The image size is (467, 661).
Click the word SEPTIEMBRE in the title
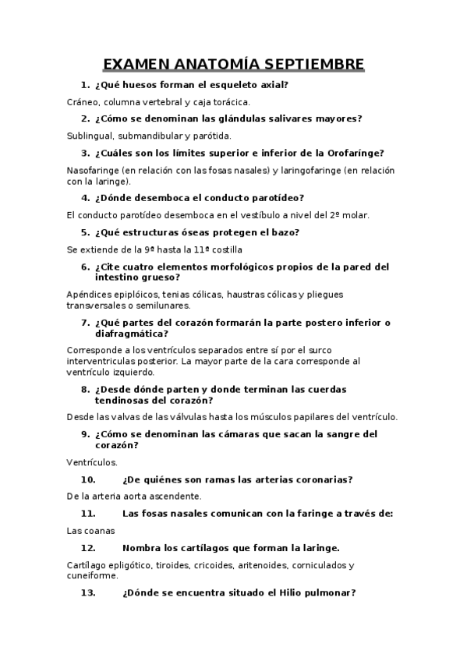click(x=310, y=63)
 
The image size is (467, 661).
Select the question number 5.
click(x=85, y=232)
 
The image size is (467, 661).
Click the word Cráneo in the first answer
click(x=84, y=101)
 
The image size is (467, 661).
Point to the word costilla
click(x=225, y=249)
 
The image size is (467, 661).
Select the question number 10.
click(x=88, y=479)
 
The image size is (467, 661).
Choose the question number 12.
click(x=88, y=547)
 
